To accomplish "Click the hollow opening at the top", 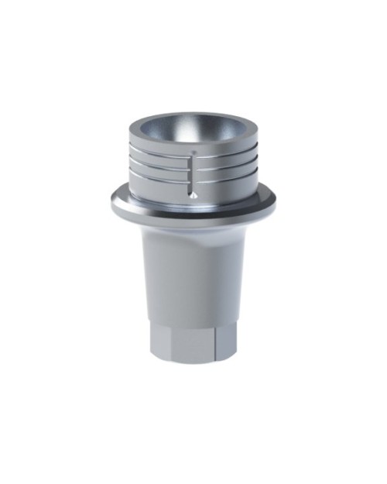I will point(190,128).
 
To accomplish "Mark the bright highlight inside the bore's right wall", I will point(236,128).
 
